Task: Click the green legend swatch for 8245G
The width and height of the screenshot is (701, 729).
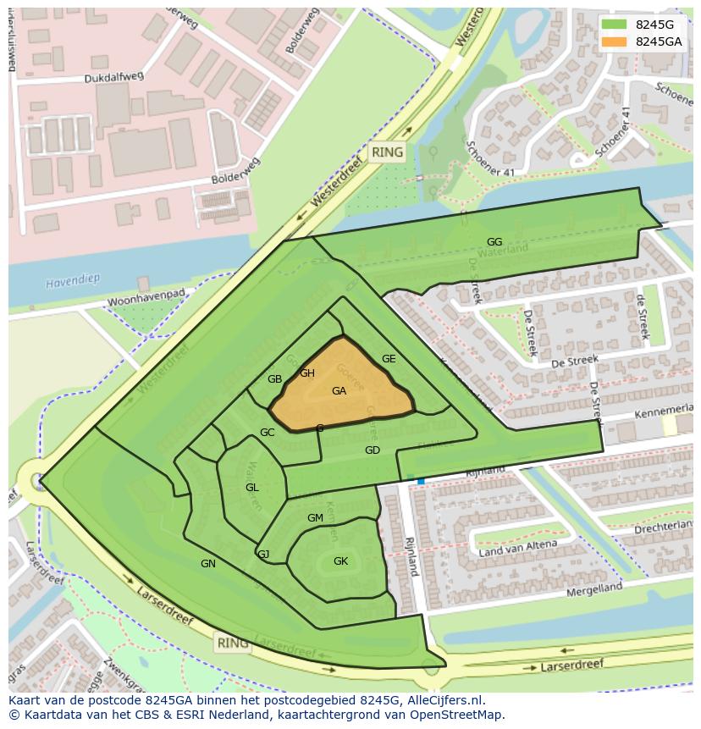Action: click(615, 25)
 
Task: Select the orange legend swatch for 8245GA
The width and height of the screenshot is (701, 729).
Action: click(615, 41)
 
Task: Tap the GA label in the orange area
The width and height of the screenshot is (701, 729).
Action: click(339, 391)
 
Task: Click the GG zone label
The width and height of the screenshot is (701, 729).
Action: click(494, 242)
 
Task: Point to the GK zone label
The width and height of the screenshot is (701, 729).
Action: click(340, 561)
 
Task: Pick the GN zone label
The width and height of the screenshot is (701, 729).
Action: click(208, 564)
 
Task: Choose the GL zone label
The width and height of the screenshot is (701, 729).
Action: click(252, 488)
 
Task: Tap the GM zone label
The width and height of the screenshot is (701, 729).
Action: click(315, 518)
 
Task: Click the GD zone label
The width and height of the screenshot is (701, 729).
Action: click(373, 450)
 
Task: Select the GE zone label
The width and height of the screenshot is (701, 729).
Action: click(389, 359)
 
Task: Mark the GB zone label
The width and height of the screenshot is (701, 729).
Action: click(274, 379)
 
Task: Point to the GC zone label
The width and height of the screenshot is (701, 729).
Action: click(267, 433)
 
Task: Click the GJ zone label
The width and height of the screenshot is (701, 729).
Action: click(263, 555)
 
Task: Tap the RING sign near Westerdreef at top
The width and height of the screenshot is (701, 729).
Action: click(388, 153)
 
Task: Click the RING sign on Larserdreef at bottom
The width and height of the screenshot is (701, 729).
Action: click(233, 643)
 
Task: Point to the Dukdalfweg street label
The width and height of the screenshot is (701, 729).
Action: click(114, 77)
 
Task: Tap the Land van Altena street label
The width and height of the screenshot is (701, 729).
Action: click(518, 549)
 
